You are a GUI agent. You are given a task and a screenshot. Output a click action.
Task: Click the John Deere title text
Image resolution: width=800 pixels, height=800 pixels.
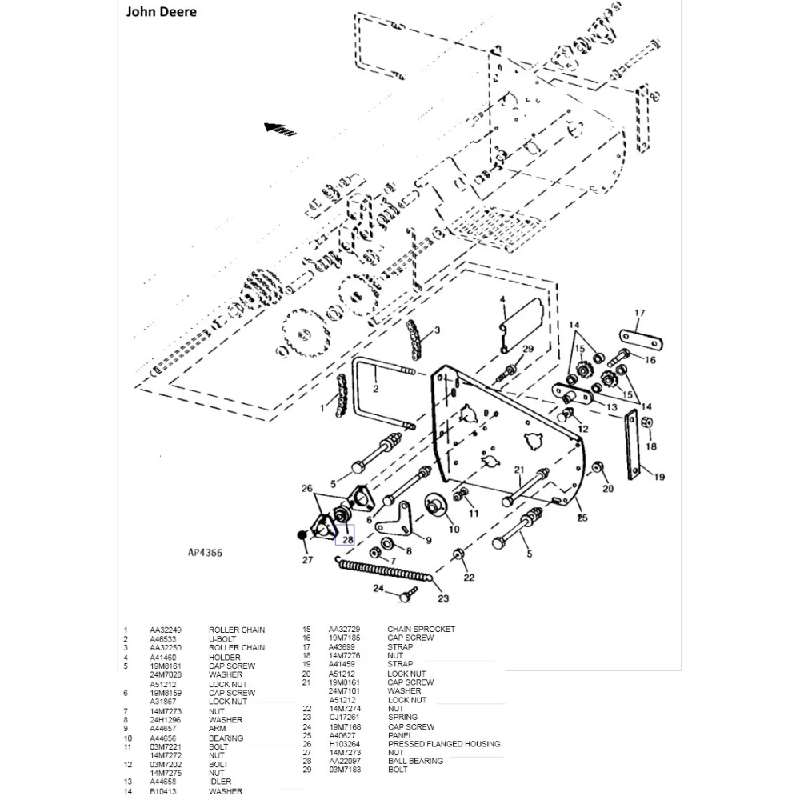tap(161, 12)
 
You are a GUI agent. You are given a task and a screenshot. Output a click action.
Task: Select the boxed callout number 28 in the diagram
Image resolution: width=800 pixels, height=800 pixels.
tap(347, 539)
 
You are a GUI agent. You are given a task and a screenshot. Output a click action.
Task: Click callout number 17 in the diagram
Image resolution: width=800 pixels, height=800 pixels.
tap(639, 313)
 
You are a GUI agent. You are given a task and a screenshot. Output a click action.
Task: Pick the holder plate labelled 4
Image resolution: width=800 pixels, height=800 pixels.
tap(519, 324)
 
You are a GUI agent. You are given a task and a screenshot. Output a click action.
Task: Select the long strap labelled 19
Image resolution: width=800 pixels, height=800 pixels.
tap(634, 446)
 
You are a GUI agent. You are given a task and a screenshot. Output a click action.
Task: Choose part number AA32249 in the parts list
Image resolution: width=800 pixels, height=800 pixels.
tap(166, 630)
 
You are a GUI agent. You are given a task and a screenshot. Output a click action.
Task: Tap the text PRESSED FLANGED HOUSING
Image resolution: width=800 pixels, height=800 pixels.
tap(444, 744)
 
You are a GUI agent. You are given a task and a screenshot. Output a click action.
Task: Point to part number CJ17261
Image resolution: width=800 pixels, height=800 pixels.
tap(345, 718)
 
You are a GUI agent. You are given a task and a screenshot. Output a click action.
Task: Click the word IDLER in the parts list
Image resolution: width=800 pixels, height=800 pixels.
tap(220, 782)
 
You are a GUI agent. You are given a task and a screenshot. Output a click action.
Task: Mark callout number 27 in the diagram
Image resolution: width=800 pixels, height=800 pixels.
tap(307, 561)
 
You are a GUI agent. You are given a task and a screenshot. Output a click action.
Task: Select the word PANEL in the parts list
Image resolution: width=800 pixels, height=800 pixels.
tap(400, 735)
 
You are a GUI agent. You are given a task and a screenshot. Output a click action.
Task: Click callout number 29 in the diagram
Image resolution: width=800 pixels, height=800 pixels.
tap(527, 348)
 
